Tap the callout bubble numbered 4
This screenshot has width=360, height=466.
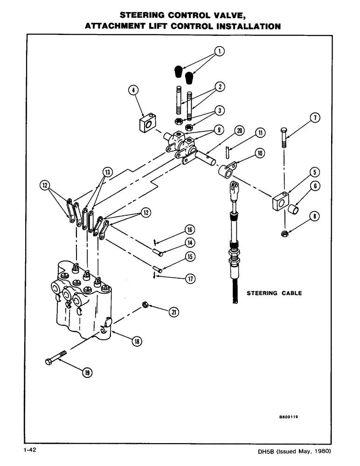pyautogui.click(x=133, y=91)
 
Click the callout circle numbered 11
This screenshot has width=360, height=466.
pyautogui.click(x=260, y=133)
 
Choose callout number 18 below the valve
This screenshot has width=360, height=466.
pyautogui.click(x=137, y=342)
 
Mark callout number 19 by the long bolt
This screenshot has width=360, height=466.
pyautogui.click(x=87, y=372)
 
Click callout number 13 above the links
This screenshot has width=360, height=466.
pyautogui.click(x=107, y=173)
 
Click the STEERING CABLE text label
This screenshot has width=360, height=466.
pyautogui.click(x=274, y=293)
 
